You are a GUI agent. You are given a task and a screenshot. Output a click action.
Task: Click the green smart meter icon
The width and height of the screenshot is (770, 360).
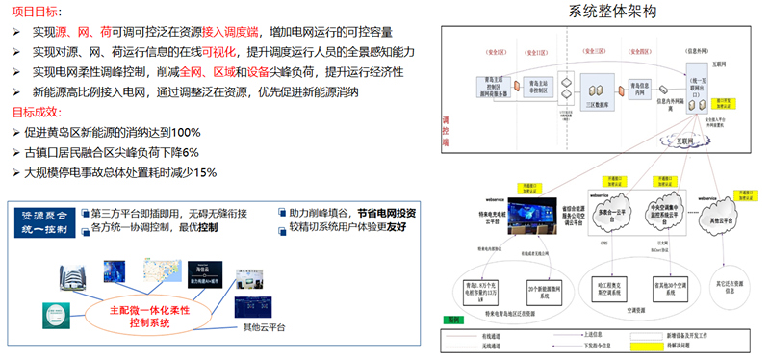[56, 313]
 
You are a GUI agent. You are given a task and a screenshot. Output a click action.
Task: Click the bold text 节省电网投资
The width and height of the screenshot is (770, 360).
[383, 212]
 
